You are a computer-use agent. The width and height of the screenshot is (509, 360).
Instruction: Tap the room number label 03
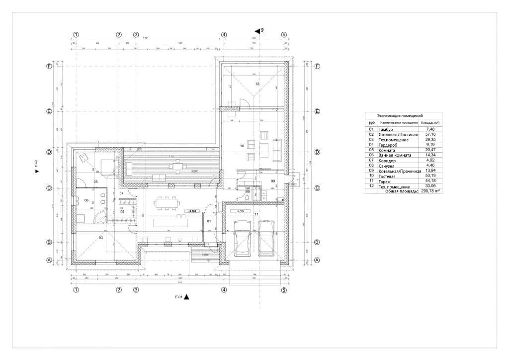coord(100,238)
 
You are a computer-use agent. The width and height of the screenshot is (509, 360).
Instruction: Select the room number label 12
coord(257,84)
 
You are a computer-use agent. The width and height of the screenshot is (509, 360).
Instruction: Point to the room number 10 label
coord(242,146)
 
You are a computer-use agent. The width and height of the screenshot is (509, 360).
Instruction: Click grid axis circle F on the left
coord(49,66)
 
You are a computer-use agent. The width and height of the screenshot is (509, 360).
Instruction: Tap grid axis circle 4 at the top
coord(224,35)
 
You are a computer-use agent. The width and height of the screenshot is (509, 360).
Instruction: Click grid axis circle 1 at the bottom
coord(76,289)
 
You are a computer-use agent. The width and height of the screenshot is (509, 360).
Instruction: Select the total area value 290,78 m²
coord(430,191)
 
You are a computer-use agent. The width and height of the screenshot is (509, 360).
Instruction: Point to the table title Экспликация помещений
coord(400,115)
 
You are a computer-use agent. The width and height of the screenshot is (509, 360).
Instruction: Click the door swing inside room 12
coord(244,102)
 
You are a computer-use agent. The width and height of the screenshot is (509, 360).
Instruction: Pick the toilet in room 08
coord(247,197)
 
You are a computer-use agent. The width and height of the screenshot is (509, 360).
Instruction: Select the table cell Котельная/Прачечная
coord(398,171)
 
